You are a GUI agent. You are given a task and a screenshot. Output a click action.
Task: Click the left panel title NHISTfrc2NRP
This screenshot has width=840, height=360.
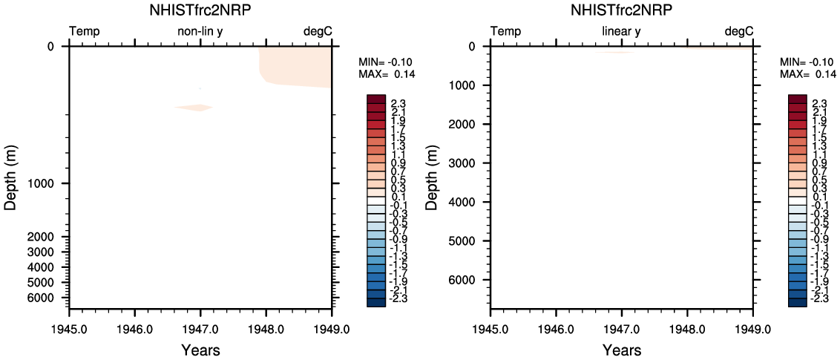(200, 10)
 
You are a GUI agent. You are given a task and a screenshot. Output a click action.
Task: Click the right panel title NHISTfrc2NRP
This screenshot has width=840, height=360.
(621, 10)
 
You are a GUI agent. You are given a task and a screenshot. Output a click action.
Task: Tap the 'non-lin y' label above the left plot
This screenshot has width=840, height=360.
(200, 31)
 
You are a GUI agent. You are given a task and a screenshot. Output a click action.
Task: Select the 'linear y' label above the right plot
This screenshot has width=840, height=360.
(621, 31)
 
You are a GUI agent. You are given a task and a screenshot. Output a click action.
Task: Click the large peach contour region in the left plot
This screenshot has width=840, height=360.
(297, 67)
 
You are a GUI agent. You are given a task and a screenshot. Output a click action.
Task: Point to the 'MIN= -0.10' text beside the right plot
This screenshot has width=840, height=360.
(805, 62)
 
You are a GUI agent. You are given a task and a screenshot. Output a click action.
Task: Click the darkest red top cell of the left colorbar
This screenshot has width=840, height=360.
(376, 99)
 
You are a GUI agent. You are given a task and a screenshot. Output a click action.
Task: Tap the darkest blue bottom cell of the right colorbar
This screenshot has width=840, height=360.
(798, 301)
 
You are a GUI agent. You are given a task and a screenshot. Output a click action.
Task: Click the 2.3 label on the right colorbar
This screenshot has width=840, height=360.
(819, 103)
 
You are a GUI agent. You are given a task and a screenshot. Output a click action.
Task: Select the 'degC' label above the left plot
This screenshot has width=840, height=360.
(318, 31)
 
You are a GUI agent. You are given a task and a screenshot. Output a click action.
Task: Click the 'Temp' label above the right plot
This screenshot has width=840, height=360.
(505, 31)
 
